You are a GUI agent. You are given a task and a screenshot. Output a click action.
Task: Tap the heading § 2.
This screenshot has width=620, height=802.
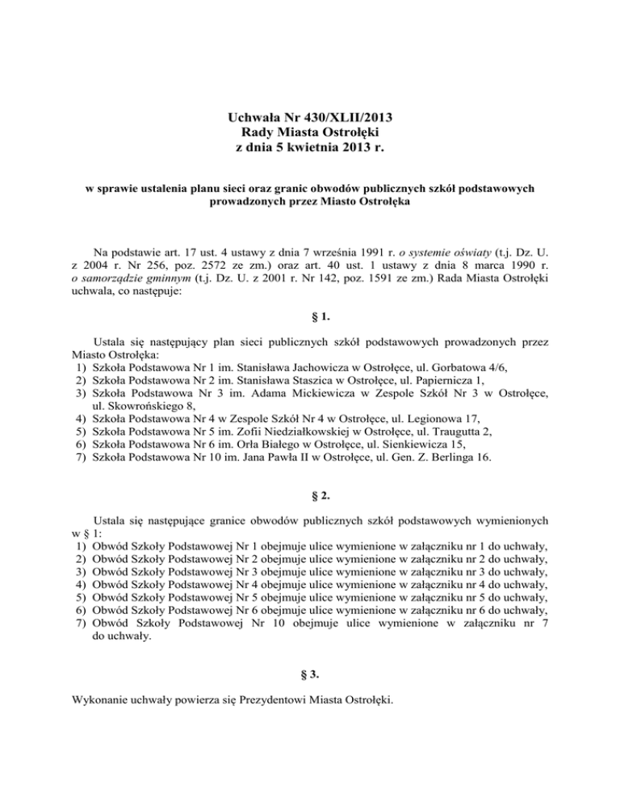pyautogui.click(x=310, y=506)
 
